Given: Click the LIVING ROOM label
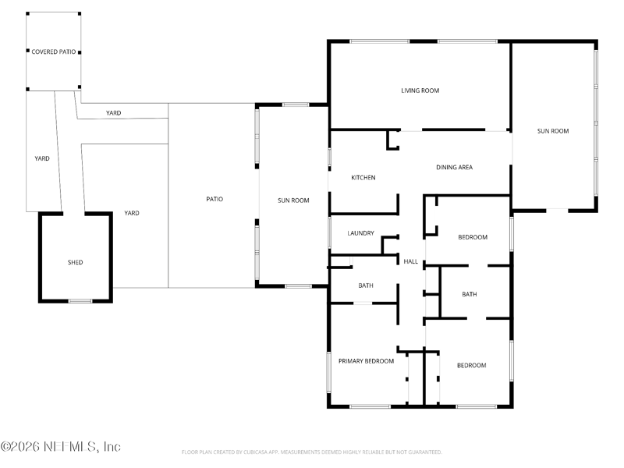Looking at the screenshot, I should pos(420,90).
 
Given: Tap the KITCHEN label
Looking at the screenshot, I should pos(363,178).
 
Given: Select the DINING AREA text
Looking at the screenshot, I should pos(454,167).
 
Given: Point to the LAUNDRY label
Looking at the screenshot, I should pos(360,233).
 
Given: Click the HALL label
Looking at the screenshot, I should pos(410,261).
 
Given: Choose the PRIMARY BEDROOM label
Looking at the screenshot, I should pos(366,361).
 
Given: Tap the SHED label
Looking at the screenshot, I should pos(75,262).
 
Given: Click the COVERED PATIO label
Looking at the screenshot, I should pos(54,51).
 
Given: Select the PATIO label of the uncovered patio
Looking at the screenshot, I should pos(214,199).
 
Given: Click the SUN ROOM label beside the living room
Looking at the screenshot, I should pos(552,131).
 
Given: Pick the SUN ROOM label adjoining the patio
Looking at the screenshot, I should pos(293,200).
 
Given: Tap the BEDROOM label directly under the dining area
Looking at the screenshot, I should pos(472,237).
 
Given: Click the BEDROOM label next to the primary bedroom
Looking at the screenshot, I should pos(471,365).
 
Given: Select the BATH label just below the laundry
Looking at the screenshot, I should pos(366,285).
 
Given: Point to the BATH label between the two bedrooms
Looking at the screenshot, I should pos(469,294).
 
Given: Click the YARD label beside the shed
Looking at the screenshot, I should pos(132,213).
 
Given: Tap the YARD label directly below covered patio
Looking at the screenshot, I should pos(42,158).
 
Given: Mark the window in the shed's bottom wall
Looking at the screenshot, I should pos(80,301).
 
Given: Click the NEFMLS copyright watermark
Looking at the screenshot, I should pos(61,447).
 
